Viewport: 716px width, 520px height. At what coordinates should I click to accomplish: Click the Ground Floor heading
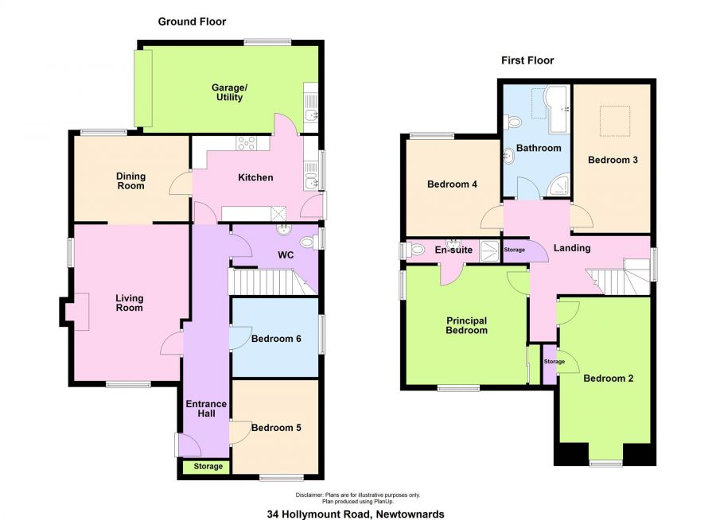pos(192,21)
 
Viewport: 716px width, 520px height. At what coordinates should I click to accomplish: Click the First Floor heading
pos(527,60)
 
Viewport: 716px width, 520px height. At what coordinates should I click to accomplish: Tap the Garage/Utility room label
pos(229,92)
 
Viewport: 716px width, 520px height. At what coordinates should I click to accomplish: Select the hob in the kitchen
pos(246,143)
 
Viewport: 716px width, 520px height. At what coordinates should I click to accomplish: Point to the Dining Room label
pos(130,180)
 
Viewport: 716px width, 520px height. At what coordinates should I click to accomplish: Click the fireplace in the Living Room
pos(77,312)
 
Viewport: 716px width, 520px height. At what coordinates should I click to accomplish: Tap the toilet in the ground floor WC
pos(311,242)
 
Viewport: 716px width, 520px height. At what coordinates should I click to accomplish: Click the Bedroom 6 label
pos(276,339)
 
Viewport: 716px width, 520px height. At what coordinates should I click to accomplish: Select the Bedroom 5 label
pos(276,428)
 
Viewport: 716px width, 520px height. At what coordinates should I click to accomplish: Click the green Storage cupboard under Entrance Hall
pos(207,467)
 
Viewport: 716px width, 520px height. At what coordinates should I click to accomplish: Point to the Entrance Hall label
pos(206,409)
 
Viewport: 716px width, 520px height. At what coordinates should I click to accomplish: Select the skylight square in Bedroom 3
pos(615,121)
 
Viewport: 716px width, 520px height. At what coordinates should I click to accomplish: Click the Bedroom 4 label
pos(452,184)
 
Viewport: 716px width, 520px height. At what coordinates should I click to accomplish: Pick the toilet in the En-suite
pos(414,250)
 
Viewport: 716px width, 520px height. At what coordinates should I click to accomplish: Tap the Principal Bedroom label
pos(466,325)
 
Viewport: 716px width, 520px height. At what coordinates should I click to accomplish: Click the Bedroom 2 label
pos(609,378)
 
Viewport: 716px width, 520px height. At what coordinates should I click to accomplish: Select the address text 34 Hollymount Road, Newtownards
pos(356,514)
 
